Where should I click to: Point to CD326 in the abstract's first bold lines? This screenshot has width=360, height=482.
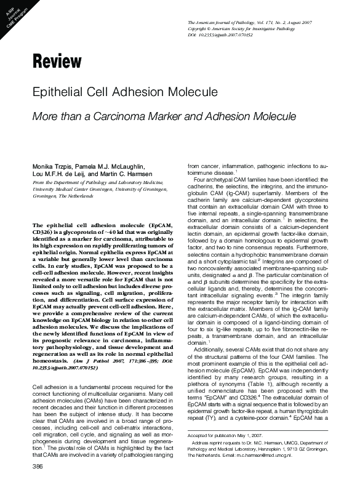pos(43,233)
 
